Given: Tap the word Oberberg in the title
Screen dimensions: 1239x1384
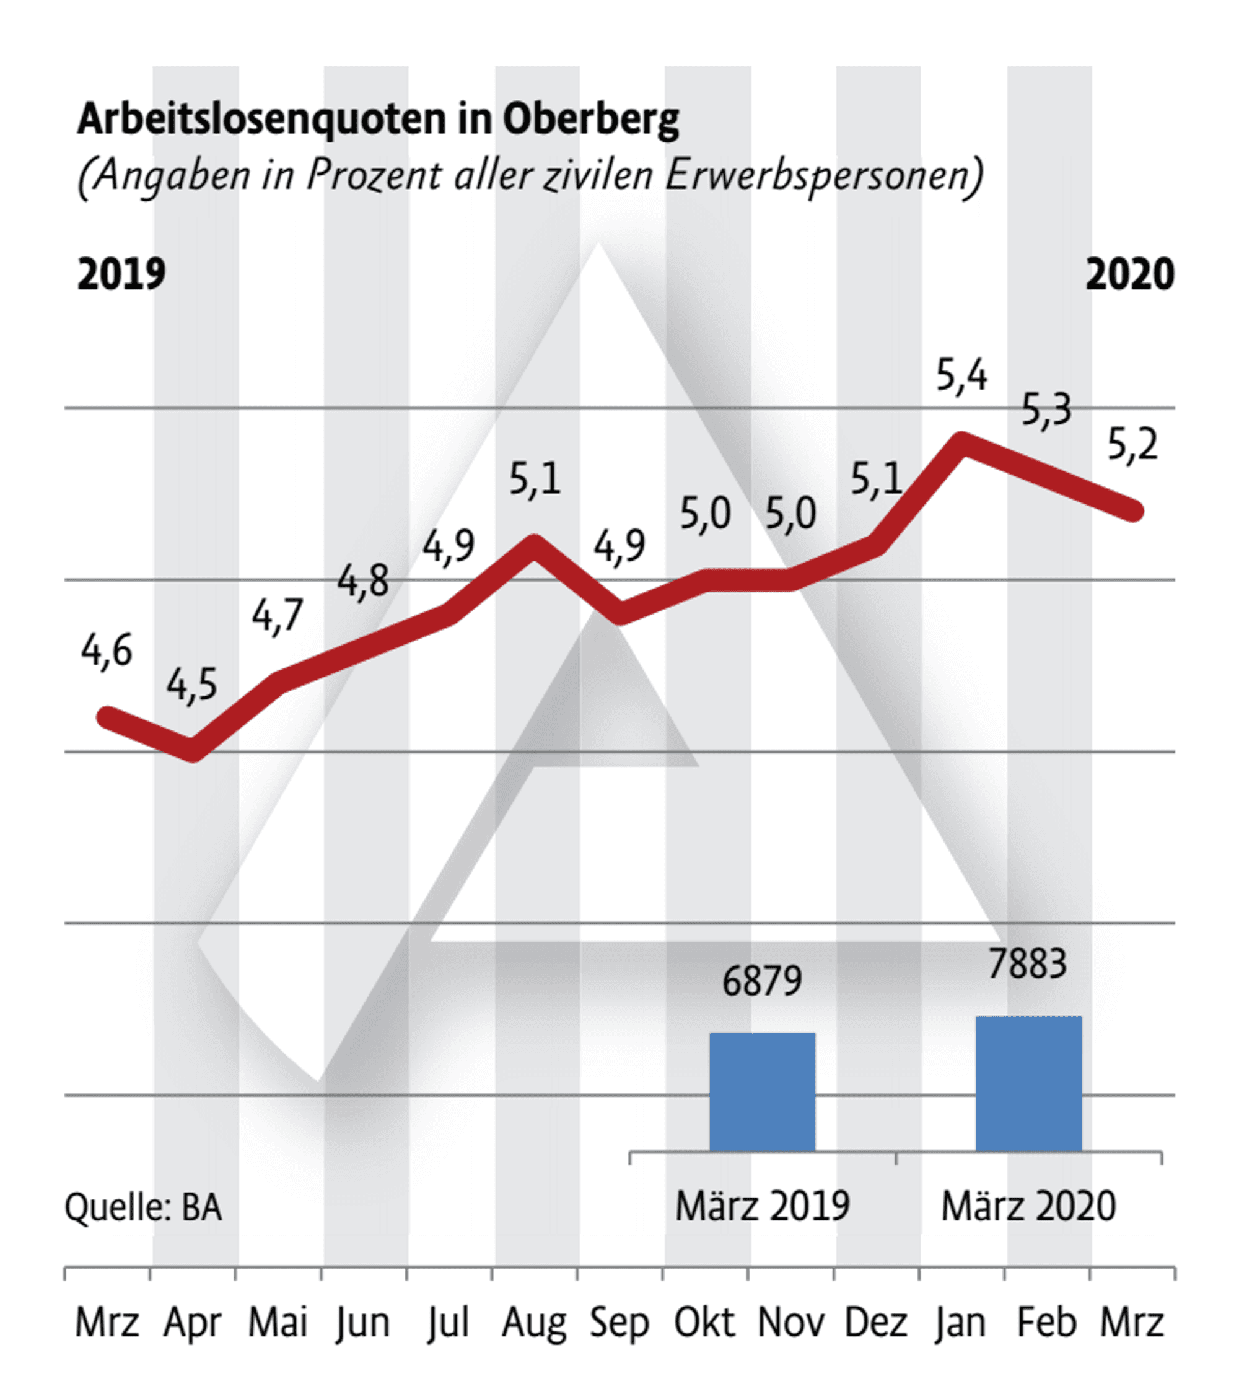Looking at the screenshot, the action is click(590, 120).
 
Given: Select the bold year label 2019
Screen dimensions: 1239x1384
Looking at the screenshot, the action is click(121, 274).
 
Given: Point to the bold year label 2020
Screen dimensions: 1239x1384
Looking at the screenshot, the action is click(1129, 274).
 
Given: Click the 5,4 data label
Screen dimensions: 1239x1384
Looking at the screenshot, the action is click(961, 375).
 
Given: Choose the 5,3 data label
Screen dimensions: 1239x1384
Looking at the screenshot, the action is click(1046, 410).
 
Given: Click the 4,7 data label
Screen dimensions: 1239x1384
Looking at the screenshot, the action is click(277, 615).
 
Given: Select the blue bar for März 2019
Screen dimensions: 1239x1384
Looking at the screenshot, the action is click(763, 1093).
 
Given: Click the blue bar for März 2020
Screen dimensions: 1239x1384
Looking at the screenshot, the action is click(1028, 1084).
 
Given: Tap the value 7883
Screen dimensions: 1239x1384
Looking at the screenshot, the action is click(1027, 964).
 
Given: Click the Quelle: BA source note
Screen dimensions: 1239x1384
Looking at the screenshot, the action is click(143, 1208).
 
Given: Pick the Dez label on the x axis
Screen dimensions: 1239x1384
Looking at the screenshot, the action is click(876, 1323).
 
